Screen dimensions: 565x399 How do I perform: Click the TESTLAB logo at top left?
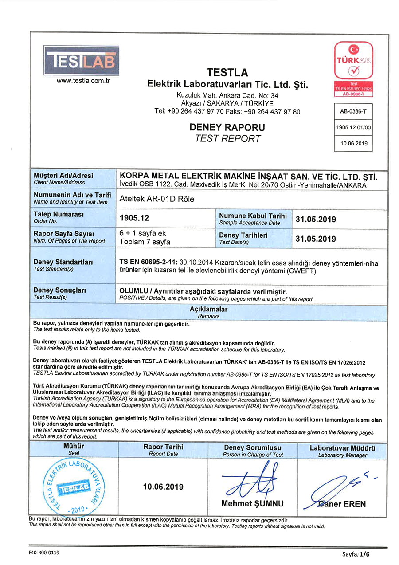point(81,60)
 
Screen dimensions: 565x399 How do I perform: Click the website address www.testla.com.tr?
point(83,81)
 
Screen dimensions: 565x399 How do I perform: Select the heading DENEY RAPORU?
point(227,127)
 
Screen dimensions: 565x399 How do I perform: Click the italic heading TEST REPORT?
point(227,138)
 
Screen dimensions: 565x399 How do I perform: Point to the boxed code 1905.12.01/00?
point(353,127)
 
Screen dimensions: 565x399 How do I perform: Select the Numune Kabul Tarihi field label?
point(253,216)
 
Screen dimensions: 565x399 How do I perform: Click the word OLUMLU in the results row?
point(136,291)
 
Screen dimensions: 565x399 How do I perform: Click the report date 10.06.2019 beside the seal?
point(163,487)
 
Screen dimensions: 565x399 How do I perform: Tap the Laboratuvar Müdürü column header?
point(342,448)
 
